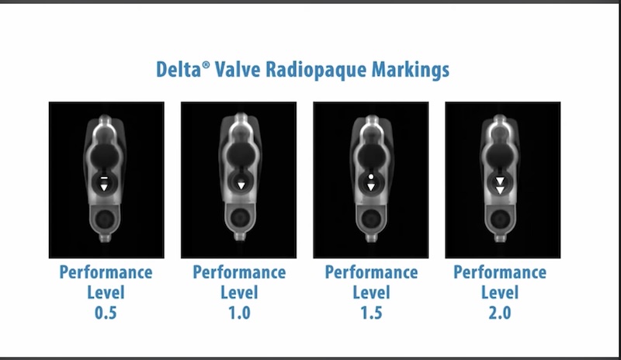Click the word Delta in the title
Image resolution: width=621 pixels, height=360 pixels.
[181, 70]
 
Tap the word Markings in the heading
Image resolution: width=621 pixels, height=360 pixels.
[411, 70]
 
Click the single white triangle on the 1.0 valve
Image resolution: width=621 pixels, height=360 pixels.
[241, 185]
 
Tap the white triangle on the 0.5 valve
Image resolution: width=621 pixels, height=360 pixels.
[104, 186]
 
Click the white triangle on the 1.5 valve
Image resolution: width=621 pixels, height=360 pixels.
[371, 186]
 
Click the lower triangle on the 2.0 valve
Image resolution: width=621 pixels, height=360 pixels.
[501, 189]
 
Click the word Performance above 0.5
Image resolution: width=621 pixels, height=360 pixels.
[106, 272]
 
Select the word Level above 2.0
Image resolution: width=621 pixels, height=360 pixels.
[499, 293]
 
